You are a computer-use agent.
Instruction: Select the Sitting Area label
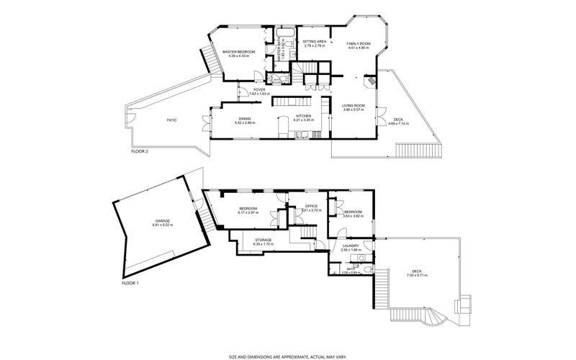[315, 42]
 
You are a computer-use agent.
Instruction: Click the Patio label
[171, 120]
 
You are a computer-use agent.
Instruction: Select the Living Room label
[354, 106]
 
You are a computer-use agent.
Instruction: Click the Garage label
[162, 222]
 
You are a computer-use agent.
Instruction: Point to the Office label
[311, 207]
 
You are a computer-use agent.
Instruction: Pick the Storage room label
[263, 240]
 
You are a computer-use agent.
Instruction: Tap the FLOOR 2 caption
[139, 152]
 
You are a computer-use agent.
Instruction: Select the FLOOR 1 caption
[130, 283]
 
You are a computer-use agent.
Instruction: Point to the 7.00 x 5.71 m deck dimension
[418, 275]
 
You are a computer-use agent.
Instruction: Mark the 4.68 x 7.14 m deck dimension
[398, 124]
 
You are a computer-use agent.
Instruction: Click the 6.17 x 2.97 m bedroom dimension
[249, 212]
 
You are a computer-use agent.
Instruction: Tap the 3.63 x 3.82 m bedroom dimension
[352, 215]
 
